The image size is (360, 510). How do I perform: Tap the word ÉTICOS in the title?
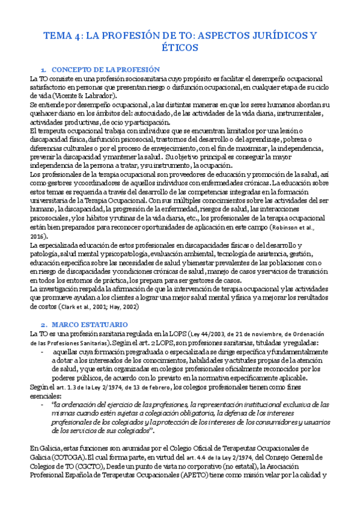[x=180, y=51]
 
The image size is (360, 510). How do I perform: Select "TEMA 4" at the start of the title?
[x=60, y=36]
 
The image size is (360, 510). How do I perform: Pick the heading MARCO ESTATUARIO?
[x=89, y=325]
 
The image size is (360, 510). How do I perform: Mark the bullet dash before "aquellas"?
[x=41, y=351]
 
